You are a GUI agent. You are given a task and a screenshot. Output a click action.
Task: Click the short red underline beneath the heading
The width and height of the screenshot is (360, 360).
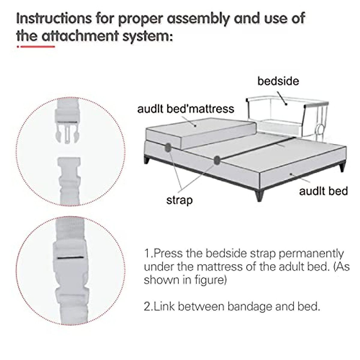coord(36,46)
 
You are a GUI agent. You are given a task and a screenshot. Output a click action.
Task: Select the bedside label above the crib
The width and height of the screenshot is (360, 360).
coord(278,81)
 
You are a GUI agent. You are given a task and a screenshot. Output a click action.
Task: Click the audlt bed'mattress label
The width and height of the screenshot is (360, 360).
coord(185,109)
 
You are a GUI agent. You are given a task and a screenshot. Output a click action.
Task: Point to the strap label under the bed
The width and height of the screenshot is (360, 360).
coord(179,200)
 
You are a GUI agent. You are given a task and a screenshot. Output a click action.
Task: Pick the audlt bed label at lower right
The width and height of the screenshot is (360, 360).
coord(323,191)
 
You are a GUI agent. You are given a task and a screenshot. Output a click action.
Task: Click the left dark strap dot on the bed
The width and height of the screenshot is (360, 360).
coord(168,147)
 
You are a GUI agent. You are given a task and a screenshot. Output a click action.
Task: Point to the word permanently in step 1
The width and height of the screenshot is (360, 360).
coord(311,254)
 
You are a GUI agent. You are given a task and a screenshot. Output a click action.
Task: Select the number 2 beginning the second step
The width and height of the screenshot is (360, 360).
coord(147,307)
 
